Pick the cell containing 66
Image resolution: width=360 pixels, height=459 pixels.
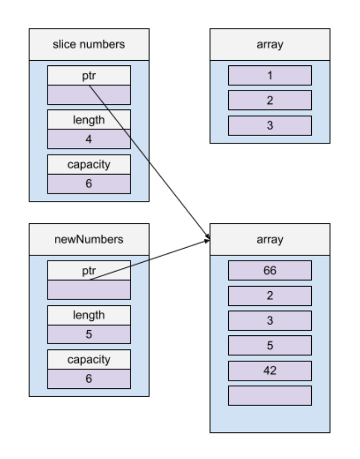click(269, 271)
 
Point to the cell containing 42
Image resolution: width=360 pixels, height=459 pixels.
click(269, 370)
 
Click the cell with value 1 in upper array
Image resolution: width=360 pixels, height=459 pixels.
click(269, 75)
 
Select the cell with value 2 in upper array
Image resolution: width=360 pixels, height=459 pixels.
click(269, 100)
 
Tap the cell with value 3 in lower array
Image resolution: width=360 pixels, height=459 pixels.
click(269, 320)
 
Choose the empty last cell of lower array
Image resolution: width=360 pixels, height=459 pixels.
click(269, 395)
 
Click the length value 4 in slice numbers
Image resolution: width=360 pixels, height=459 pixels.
click(89, 139)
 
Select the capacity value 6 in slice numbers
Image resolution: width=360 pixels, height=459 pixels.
click(89, 183)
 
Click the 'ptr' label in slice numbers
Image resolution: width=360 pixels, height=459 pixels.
click(89, 76)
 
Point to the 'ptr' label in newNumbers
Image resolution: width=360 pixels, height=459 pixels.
click(89, 271)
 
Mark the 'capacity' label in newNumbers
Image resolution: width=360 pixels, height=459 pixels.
click(89, 359)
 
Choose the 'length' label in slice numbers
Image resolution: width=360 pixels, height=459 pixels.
click(89, 120)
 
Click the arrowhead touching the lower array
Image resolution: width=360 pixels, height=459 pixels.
click(207, 239)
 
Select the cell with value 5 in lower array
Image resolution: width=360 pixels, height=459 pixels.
click(269, 345)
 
